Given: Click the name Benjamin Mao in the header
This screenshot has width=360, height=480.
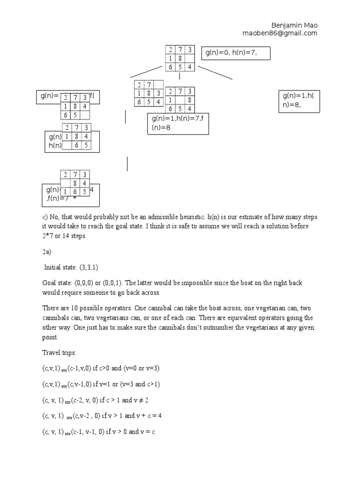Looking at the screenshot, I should (295, 25).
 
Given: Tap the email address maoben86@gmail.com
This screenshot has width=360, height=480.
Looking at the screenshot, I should (280, 33).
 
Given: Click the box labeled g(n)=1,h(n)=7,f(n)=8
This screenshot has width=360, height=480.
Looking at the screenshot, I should (178, 124).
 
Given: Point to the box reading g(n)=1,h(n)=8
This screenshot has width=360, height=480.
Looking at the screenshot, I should (299, 101).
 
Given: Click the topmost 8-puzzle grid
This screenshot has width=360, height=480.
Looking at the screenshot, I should (180, 59).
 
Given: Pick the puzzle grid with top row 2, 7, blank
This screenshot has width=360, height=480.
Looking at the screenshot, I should (149, 93).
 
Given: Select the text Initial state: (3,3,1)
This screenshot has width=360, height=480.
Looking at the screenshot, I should (71, 267).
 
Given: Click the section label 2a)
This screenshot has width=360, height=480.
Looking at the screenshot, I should (45, 252).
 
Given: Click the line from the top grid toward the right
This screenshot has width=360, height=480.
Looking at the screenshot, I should (215, 73).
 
